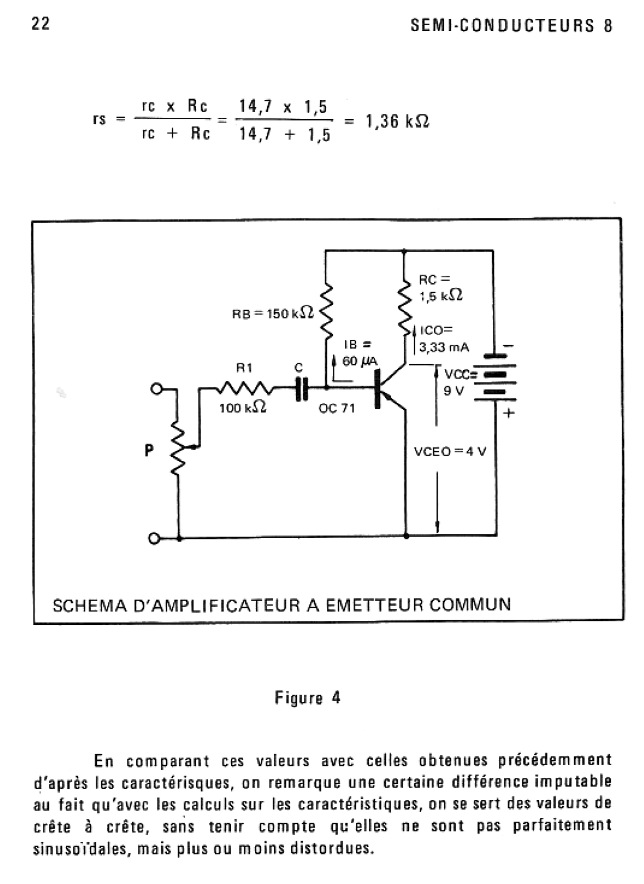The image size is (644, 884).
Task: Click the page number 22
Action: point(41,24)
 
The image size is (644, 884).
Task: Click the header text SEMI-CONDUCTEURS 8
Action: point(511,26)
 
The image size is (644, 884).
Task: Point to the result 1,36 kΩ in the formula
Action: point(397,122)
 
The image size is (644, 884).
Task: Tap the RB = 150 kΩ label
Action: point(273,313)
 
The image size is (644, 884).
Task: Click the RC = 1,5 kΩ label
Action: point(440,288)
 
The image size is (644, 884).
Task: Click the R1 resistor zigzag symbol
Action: point(245,387)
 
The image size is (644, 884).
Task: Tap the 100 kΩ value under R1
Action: point(243,408)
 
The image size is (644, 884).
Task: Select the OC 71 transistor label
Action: point(336,409)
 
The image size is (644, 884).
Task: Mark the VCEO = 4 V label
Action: point(450,452)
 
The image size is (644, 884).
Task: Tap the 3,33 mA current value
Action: point(444,348)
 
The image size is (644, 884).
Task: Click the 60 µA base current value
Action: point(360,362)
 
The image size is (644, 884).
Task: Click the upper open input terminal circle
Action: point(156,388)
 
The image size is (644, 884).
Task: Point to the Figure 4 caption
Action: point(308,698)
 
